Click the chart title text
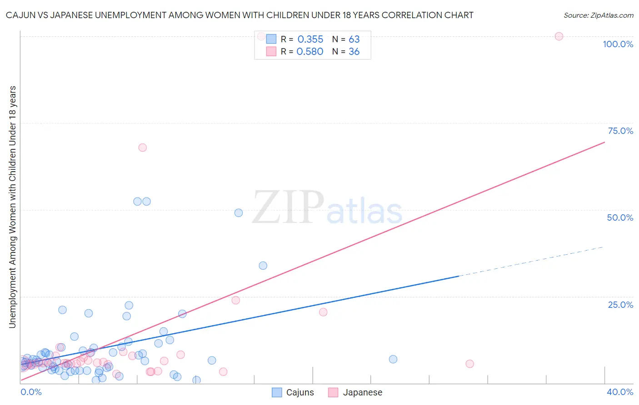coord(240,15)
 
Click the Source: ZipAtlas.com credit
coord(598,15)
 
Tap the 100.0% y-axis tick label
coord(618,44)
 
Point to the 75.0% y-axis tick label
coord(620,131)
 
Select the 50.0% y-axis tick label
coord(620,217)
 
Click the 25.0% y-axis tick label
coord(620,305)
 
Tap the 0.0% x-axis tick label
coord(31,392)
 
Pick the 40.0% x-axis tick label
coord(619,392)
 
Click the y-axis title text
coord(12,207)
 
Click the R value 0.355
coord(310,40)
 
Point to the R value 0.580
coord(310,52)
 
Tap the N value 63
coord(354,40)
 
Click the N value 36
coord(354,52)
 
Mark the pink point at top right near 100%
coord(559,36)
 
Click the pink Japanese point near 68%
coord(142,148)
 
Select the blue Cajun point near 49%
coord(239,213)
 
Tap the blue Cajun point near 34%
coord(263,266)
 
